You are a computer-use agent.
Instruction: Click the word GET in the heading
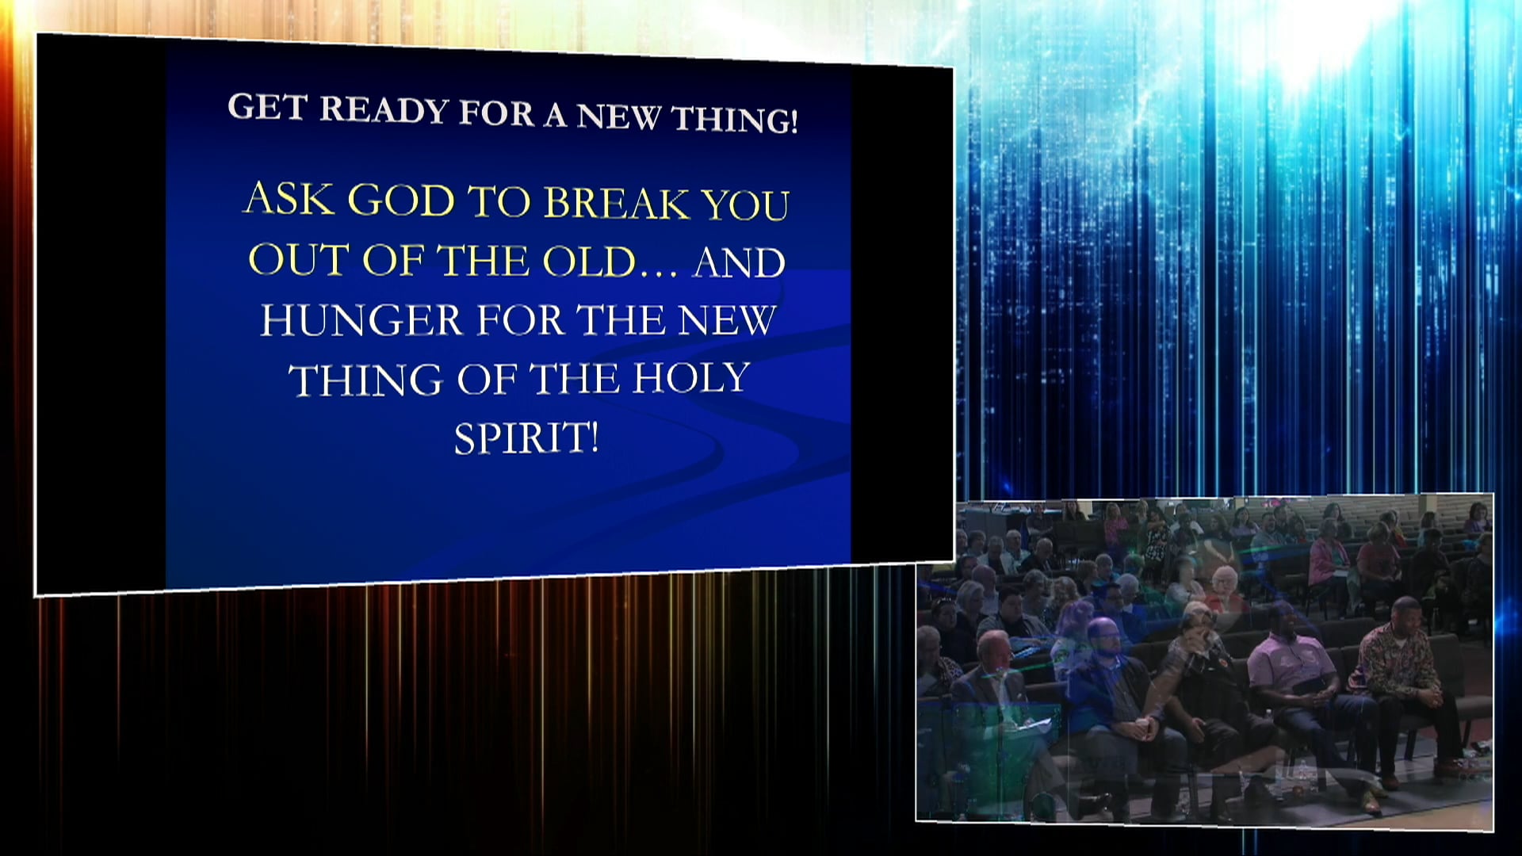click(267, 107)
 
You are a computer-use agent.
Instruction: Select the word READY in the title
click(384, 110)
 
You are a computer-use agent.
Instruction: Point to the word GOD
click(401, 201)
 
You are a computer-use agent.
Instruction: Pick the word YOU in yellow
click(746, 205)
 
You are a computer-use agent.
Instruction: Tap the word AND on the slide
click(739, 262)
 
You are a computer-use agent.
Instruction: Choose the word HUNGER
click(361, 320)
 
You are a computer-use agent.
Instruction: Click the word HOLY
click(691, 378)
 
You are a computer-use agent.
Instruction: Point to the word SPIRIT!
click(526, 438)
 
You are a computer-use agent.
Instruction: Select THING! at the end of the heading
click(734, 120)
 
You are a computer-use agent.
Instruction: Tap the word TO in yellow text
click(500, 201)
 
